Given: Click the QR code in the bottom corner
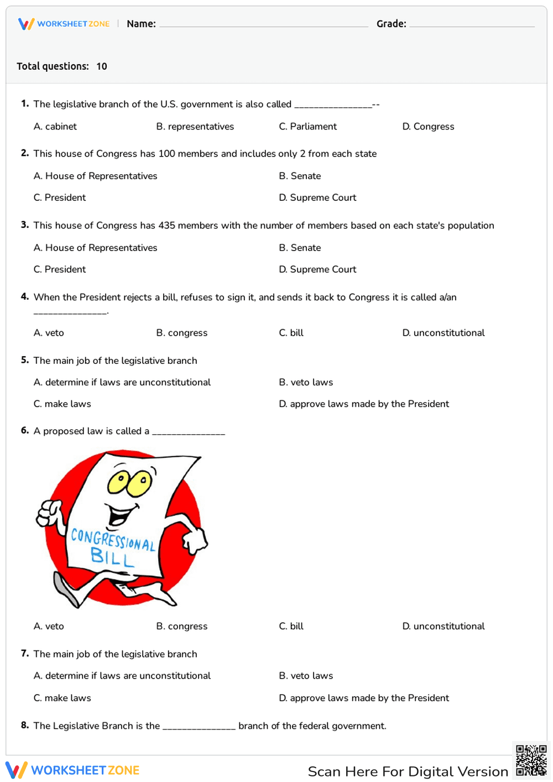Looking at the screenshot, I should (531, 760).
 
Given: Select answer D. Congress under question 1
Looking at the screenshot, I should (428, 127).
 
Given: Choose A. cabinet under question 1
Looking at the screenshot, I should (55, 127).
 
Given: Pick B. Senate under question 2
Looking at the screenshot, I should (300, 176).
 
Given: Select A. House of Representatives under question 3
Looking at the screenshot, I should (95, 248).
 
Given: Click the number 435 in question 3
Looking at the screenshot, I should (166, 226).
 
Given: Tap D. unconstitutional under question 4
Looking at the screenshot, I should (444, 333).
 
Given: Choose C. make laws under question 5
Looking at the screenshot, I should (62, 404).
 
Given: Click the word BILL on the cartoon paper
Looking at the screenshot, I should (112, 557).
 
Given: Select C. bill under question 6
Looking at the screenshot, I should (291, 627).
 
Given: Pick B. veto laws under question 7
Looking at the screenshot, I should (306, 676).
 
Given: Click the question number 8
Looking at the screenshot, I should (25, 725).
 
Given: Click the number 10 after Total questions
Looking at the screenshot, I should (102, 66).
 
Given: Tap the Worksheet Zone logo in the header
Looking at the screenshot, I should (64, 24).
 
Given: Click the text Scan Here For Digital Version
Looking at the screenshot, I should (408, 771).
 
